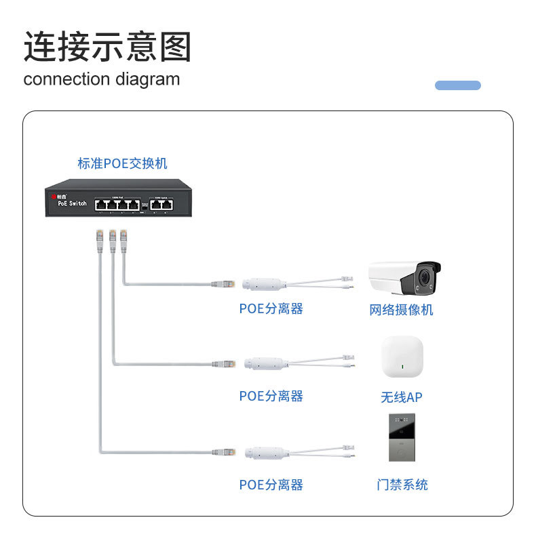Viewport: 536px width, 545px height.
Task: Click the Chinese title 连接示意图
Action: pos(107,47)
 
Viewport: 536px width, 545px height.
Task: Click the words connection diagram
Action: pos(102,79)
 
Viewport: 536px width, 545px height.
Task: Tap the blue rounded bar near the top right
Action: pos(457,85)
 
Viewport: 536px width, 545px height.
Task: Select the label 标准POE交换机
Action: pos(122,163)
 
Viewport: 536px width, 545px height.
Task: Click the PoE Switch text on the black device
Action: pos(72,203)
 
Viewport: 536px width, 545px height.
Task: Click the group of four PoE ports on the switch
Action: pos(117,203)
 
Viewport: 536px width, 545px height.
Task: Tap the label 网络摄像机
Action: pos(401,310)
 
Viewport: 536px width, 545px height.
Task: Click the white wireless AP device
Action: pos(402,357)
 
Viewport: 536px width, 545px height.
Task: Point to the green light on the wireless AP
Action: pos(403,369)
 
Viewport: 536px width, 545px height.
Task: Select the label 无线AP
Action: pos(401,397)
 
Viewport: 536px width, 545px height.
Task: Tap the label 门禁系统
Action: pos(402,485)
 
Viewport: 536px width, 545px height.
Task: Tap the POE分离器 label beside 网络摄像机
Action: pos(271,309)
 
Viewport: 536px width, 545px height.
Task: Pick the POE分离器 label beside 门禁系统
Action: pos(271,485)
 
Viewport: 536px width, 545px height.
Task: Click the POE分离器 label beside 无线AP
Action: pos(271,396)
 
